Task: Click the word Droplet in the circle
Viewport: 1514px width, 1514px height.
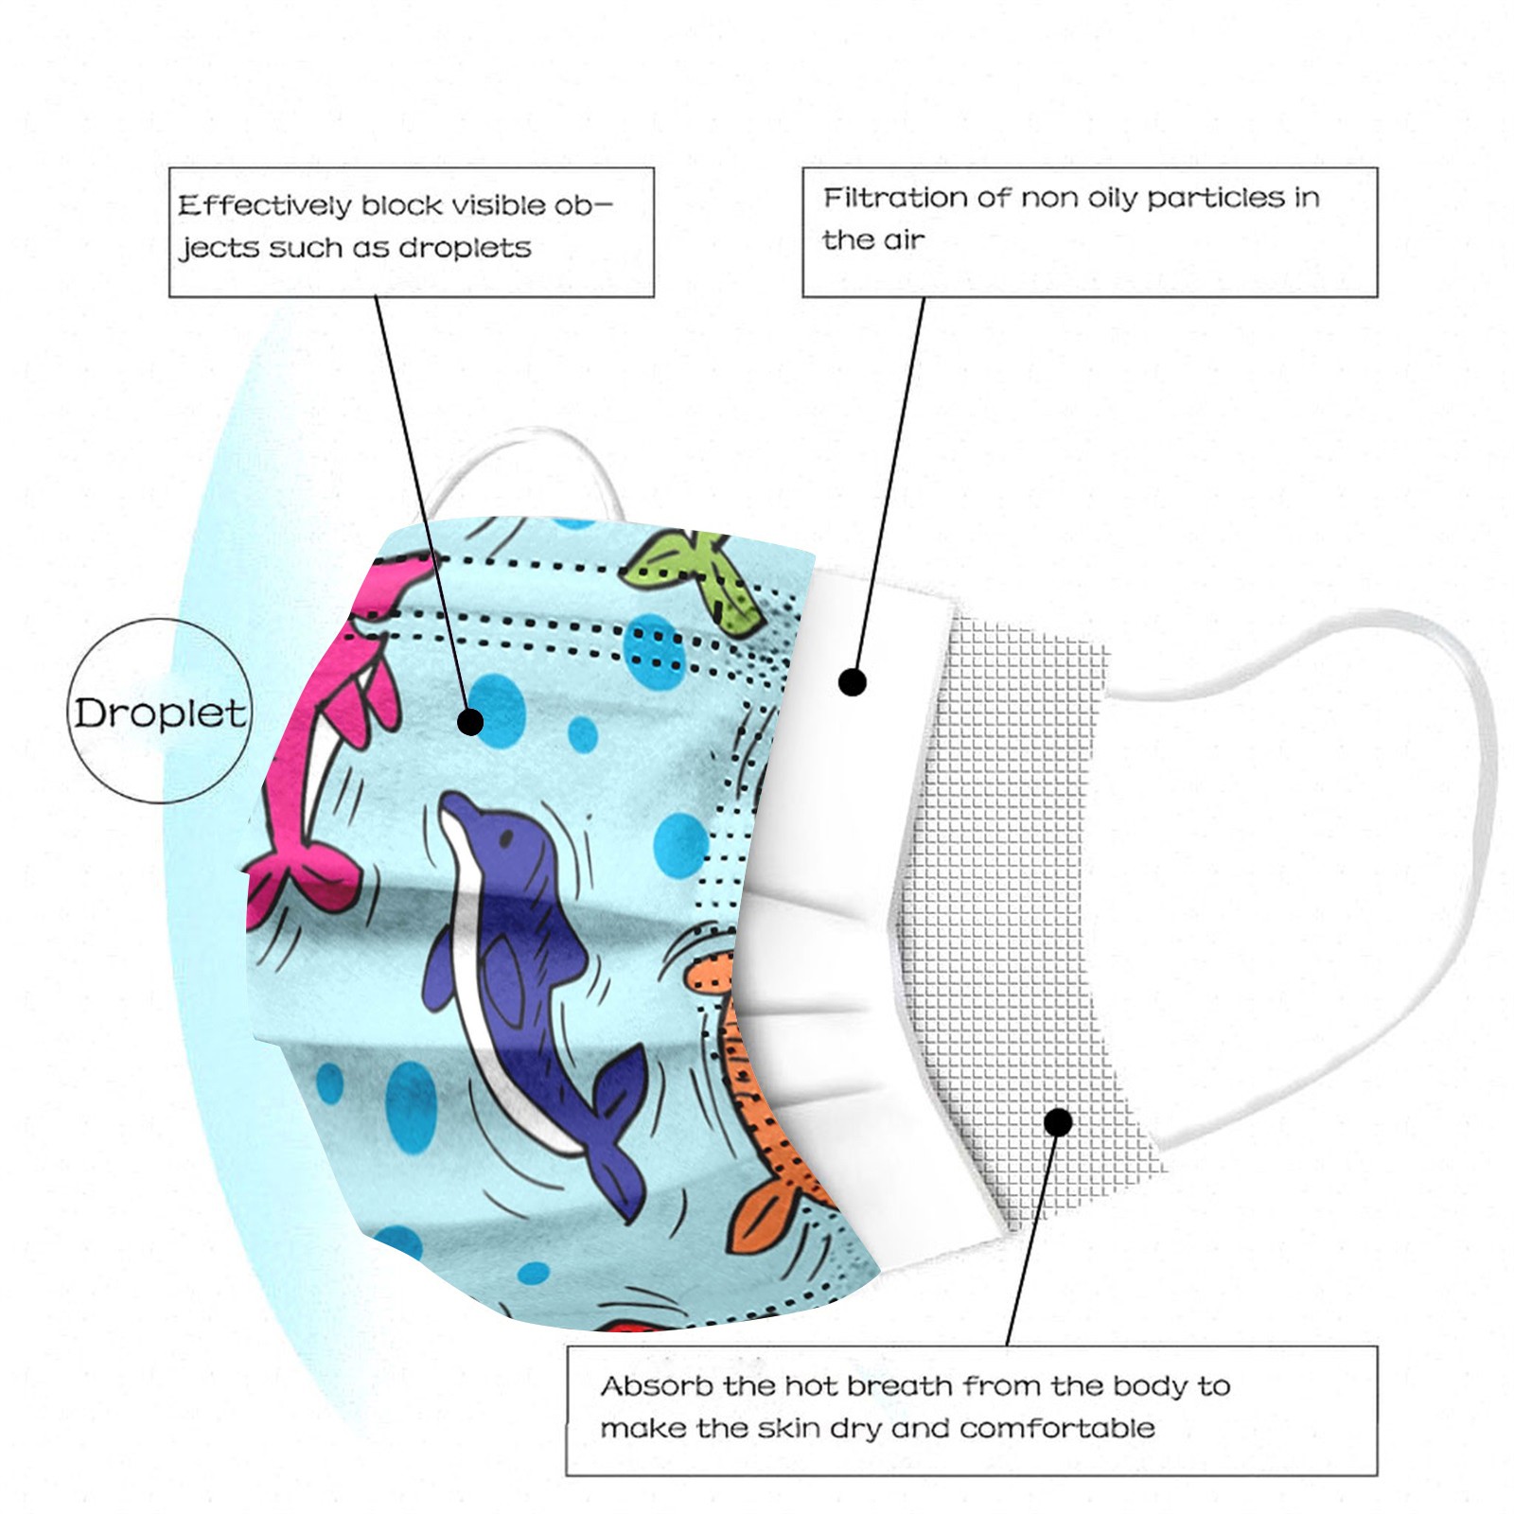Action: click(160, 713)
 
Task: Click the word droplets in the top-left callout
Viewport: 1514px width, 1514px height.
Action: click(465, 248)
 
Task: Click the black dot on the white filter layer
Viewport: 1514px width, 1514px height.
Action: click(853, 681)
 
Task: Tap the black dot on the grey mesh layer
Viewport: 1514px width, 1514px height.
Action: click(1059, 1122)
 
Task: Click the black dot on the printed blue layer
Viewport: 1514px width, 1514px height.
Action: click(470, 722)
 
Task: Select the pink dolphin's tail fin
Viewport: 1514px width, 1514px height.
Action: click(293, 880)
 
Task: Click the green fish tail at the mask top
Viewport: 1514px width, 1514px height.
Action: click(700, 577)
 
